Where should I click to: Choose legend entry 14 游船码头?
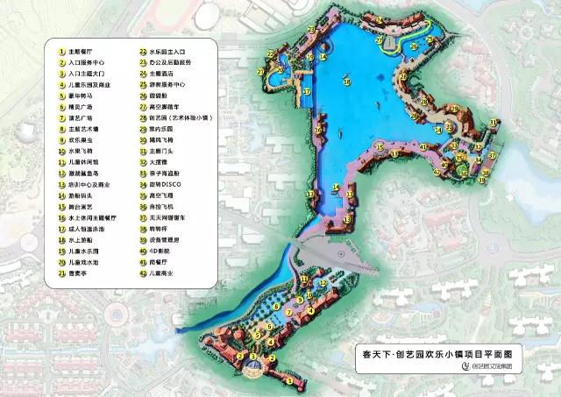[74, 199]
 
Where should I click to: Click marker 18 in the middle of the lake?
[346, 81]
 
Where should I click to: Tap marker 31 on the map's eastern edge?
[493, 122]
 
